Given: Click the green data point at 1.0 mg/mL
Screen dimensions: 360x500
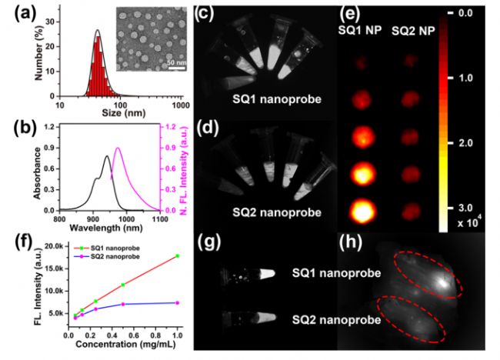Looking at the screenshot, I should coord(178,255).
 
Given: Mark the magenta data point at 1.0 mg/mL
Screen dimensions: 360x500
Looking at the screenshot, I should coord(178,302).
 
